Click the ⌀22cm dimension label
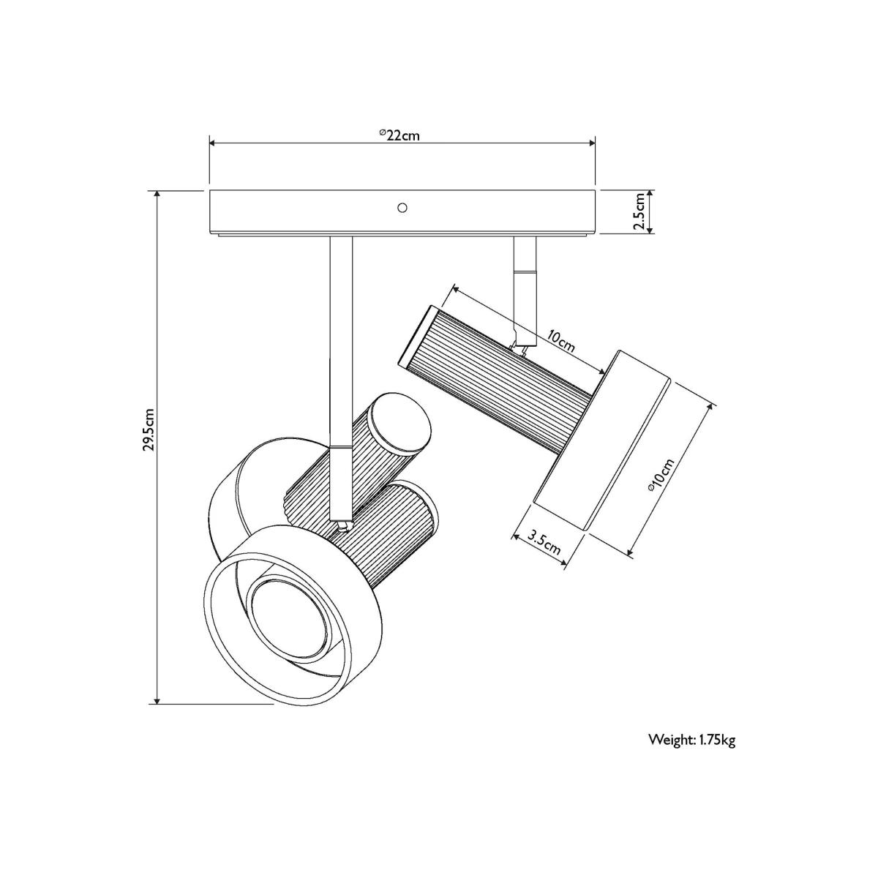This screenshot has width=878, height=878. (399, 135)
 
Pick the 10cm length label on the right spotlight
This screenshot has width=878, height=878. (561, 342)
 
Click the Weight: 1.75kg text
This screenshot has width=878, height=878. (691, 740)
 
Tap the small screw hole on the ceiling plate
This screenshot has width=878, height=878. (402, 208)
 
